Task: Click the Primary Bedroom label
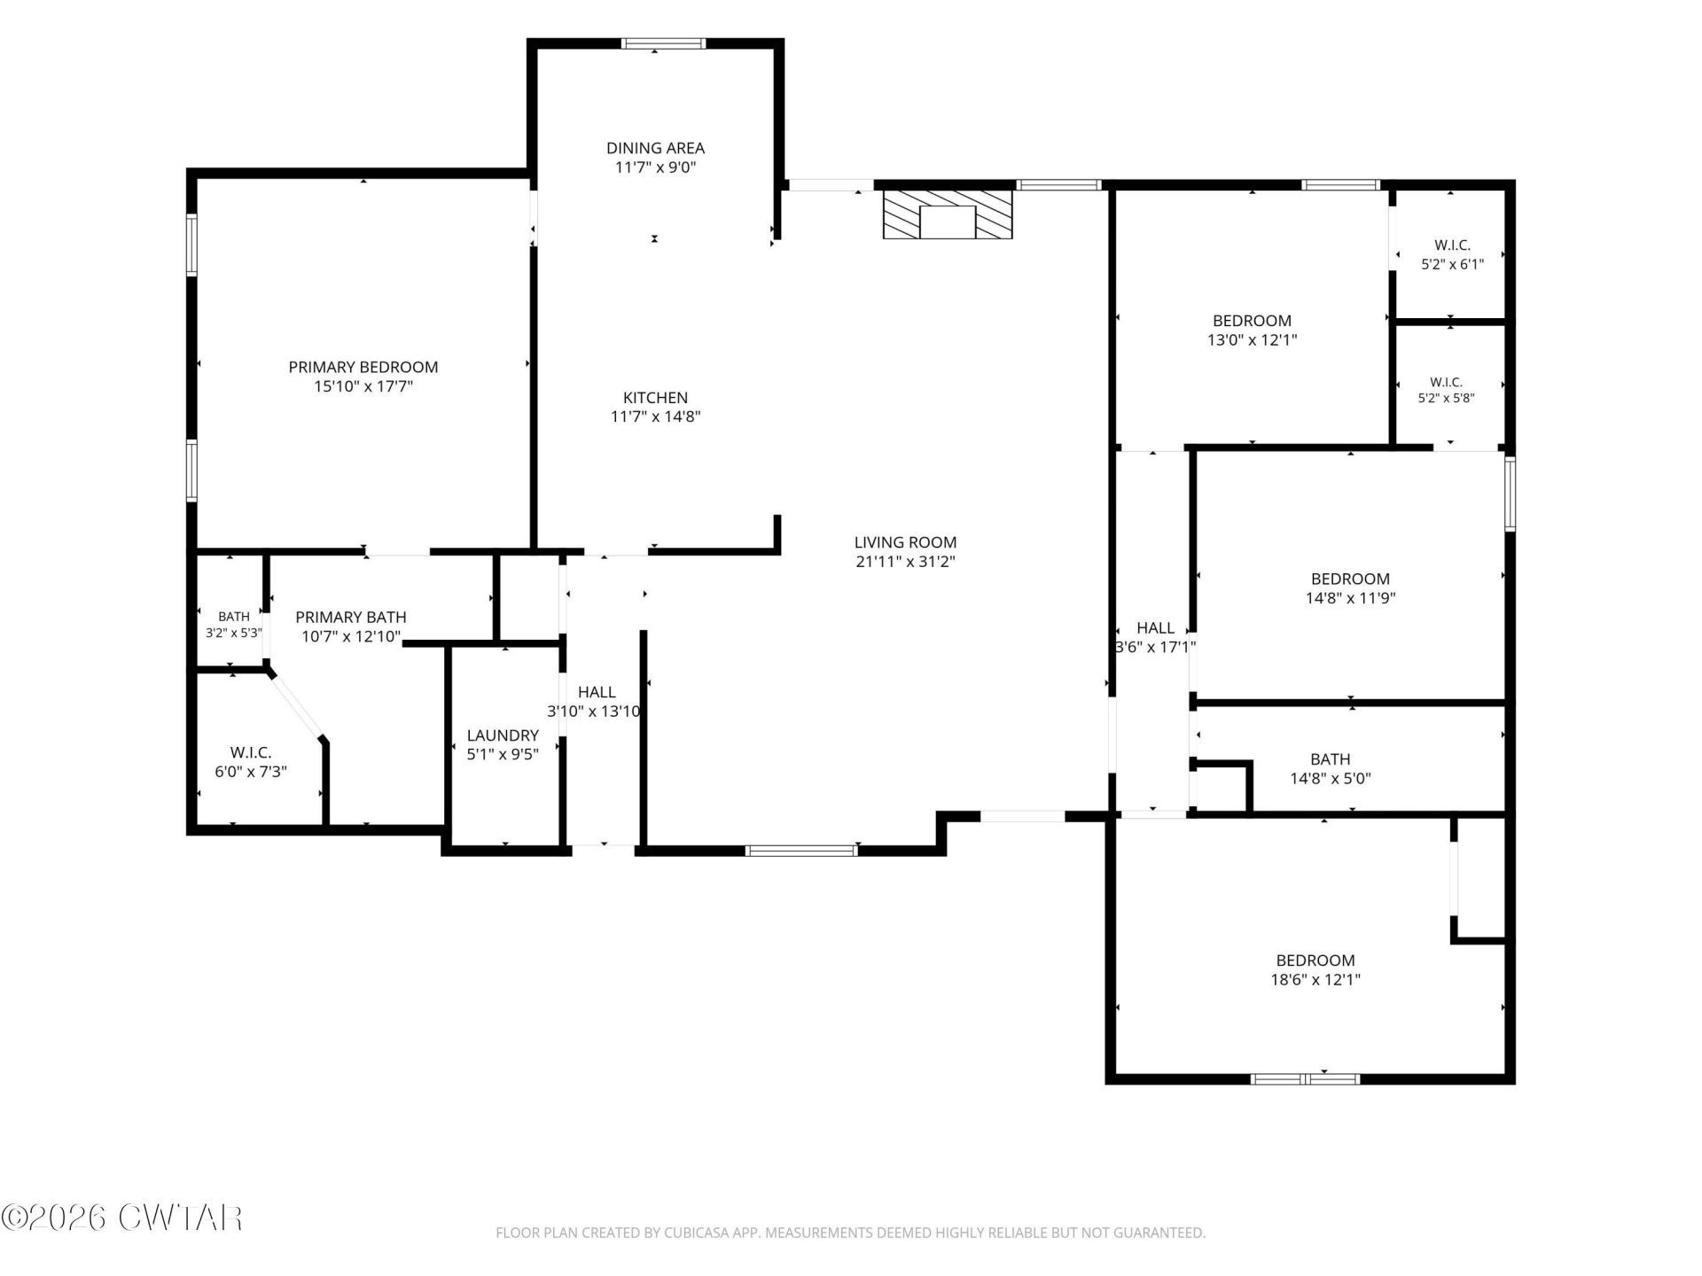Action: click(x=363, y=367)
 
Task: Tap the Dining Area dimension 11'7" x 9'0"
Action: click(x=656, y=167)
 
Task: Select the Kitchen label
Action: click(x=655, y=398)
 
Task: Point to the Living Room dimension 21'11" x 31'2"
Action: click(x=905, y=561)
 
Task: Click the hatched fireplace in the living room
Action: click(x=947, y=214)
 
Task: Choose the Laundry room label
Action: click(x=503, y=735)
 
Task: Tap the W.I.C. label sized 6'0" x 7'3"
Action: click(x=251, y=753)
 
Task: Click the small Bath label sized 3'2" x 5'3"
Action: click(x=234, y=617)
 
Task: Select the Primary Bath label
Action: click(x=351, y=617)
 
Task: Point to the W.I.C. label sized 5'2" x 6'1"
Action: click(x=1452, y=245)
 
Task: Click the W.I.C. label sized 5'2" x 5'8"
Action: click(x=1446, y=383)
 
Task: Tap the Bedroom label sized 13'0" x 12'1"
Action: click(x=1252, y=321)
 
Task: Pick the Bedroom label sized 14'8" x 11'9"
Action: click(x=1350, y=579)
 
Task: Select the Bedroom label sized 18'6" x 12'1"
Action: click(x=1316, y=961)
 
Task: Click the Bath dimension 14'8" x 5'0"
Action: click(x=1331, y=779)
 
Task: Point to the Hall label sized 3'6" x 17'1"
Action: click(x=1155, y=628)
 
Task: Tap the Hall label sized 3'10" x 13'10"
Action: click(x=597, y=692)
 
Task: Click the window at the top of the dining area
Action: click(x=663, y=43)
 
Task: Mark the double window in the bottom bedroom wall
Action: click(x=1305, y=1079)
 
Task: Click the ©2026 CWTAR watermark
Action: click(x=121, y=1218)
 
